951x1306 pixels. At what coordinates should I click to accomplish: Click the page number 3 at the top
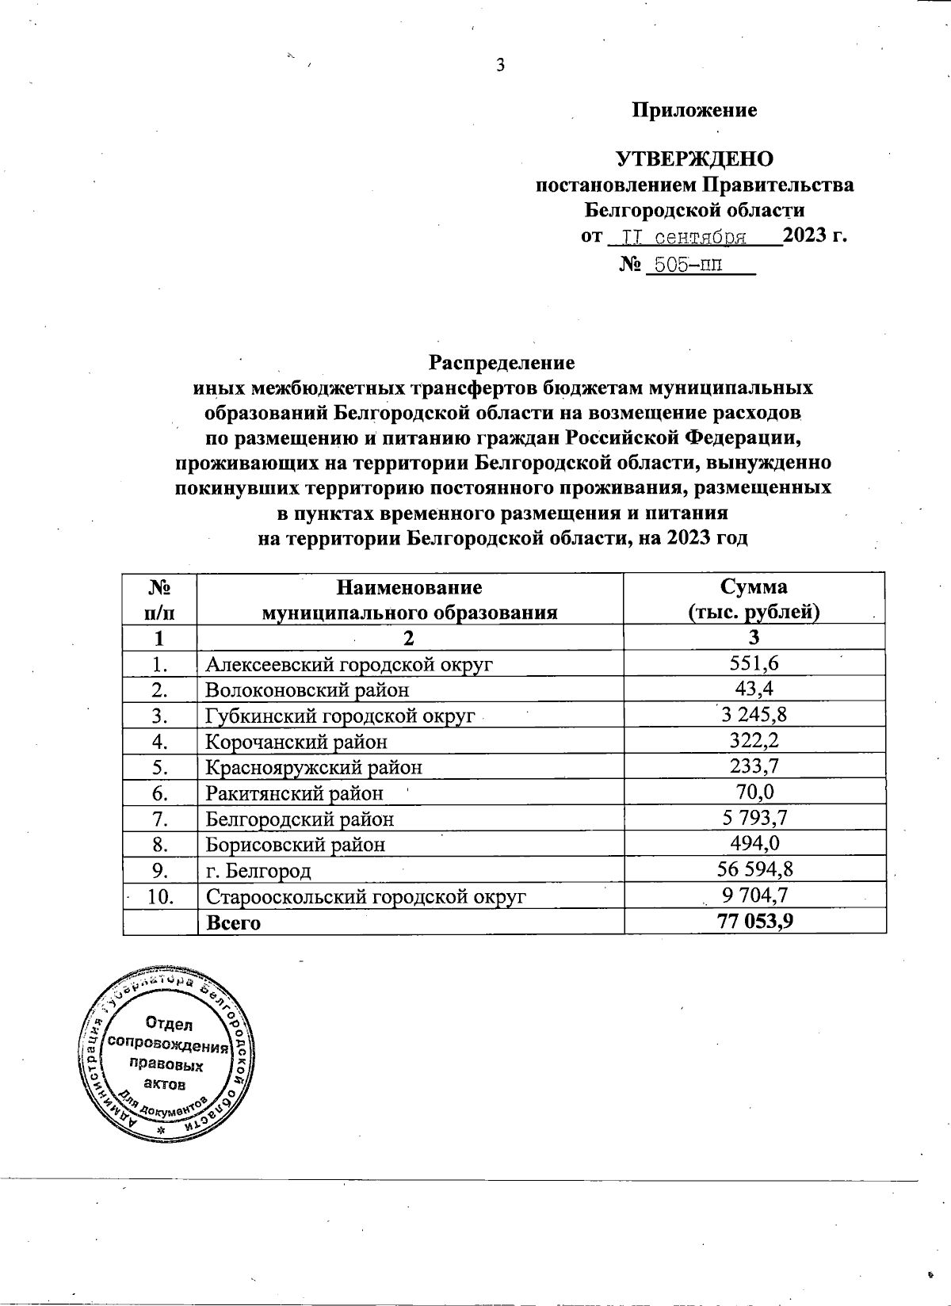tap(500, 66)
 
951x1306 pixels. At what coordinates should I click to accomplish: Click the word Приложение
tap(694, 110)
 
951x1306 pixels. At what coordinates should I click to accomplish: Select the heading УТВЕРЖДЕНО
tap(694, 158)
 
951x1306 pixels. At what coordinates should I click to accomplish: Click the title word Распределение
tap(501, 363)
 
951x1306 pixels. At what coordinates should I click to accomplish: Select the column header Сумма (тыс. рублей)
tap(754, 599)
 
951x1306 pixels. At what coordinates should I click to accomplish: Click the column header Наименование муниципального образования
tap(410, 599)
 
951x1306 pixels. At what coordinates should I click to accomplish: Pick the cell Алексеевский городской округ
tap(349, 664)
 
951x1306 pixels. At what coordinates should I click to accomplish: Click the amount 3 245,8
tap(754, 716)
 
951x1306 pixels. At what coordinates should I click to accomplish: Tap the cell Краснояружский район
tap(313, 767)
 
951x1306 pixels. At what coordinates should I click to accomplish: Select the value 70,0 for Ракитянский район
tap(754, 792)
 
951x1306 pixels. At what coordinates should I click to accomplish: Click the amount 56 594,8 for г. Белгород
tap(754, 869)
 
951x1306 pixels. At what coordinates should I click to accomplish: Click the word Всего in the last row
tap(233, 923)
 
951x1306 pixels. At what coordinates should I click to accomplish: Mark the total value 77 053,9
tap(754, 922)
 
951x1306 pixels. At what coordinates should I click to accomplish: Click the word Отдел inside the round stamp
tap(168, 1023)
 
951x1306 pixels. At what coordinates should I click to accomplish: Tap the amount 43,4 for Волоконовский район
tap(754, 689)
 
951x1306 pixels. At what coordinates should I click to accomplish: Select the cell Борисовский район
tap(296, 845)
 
